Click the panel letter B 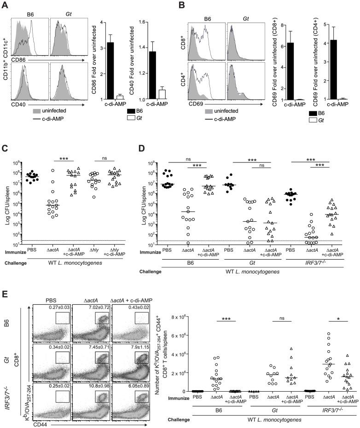tap(188, 5)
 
